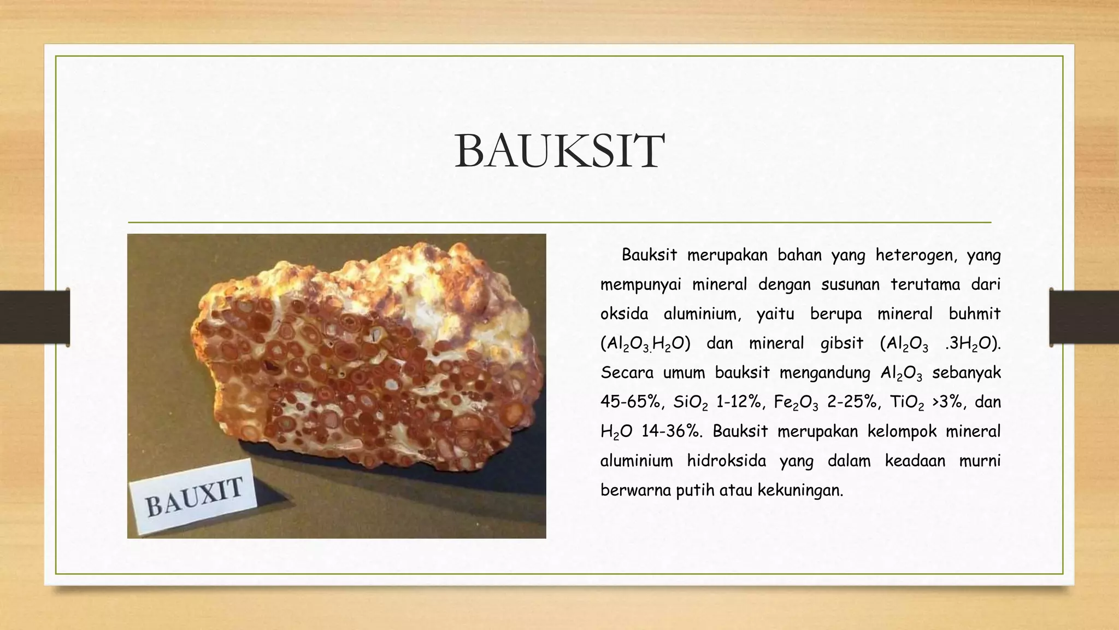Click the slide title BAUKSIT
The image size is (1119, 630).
[x=559, y=151]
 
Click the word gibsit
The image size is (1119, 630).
[x=841, y=343]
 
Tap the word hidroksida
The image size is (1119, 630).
[x=726, y=461]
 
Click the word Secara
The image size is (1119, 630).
[x=626, y=373]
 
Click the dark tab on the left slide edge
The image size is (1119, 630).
[x=34, y=317]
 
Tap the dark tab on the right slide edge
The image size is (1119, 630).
[x=1084, y=317]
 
